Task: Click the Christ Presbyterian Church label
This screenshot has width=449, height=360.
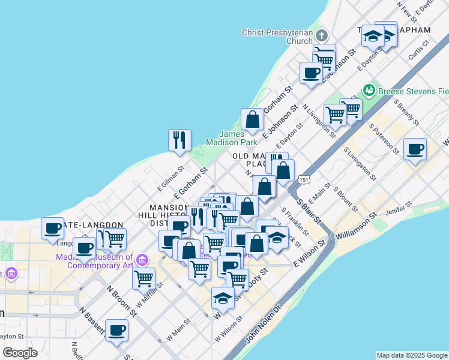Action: tap(277, 37)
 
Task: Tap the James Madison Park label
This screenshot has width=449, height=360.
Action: tap(231, 138)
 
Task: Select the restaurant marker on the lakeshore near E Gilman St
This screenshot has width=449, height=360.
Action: tap(179, 140)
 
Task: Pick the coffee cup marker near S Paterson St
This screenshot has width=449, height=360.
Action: tap(415, 149)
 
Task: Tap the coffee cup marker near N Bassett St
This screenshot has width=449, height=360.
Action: tap(116, 329)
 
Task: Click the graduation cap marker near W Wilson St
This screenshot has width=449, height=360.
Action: tap(223, 298)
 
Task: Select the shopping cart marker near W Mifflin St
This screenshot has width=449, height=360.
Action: tap(144, 278)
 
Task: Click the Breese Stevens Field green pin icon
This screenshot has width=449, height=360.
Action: tap(369, 91)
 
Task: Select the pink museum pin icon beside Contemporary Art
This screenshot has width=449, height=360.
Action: tap(142, 260)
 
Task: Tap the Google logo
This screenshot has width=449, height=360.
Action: tap(20, 352)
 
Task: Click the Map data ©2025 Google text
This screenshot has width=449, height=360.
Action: tap(412, 355)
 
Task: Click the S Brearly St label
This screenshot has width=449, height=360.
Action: tap(406, 111)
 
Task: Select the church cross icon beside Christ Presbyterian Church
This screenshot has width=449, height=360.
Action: tap(322, 34)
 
